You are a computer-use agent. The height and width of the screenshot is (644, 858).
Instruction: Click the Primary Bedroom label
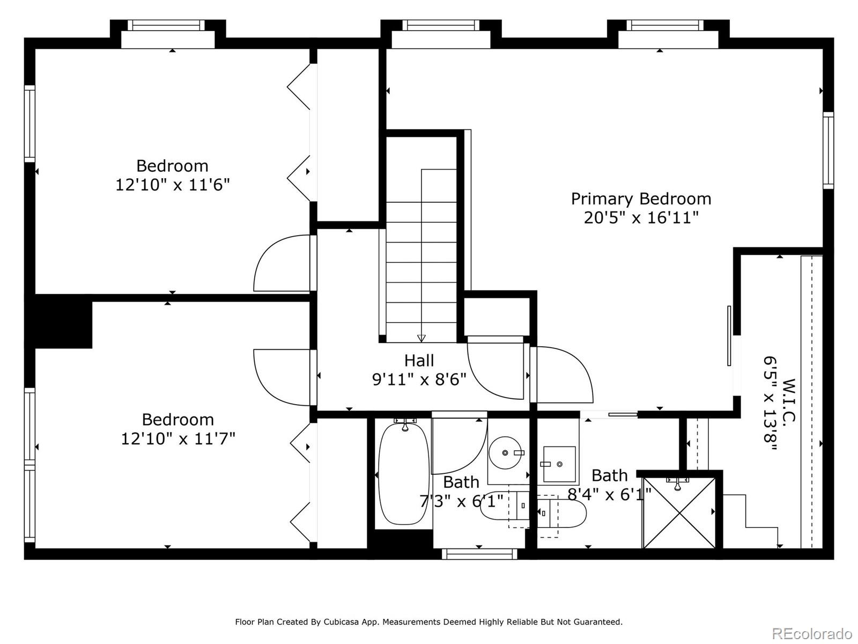click(641, 200)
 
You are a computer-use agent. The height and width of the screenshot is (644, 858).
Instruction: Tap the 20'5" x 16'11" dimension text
click(641, 218)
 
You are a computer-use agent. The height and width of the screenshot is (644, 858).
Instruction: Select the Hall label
click(419, 361)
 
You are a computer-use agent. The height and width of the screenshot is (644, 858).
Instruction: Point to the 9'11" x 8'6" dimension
click(419, 379)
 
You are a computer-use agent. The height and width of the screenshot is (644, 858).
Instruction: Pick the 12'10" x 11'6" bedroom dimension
click(172, 185)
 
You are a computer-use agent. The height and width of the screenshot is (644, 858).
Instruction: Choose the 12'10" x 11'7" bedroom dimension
click(178, 438)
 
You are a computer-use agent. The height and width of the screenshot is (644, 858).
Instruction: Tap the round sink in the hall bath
click(506, 453)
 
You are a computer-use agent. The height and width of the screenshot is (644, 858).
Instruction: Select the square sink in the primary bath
click(559, 464)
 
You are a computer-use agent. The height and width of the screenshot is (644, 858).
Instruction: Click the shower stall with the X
click(679, 512)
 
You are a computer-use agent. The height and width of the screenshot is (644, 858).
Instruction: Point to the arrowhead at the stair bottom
click(421, 338)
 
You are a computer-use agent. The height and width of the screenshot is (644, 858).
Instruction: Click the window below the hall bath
click(479, 554)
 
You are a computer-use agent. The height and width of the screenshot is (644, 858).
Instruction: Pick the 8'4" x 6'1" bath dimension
click(609, 495)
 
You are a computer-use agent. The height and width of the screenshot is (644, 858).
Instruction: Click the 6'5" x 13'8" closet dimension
click(770, 404)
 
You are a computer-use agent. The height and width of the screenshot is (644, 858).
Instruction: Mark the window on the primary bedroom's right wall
click(829, 150)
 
